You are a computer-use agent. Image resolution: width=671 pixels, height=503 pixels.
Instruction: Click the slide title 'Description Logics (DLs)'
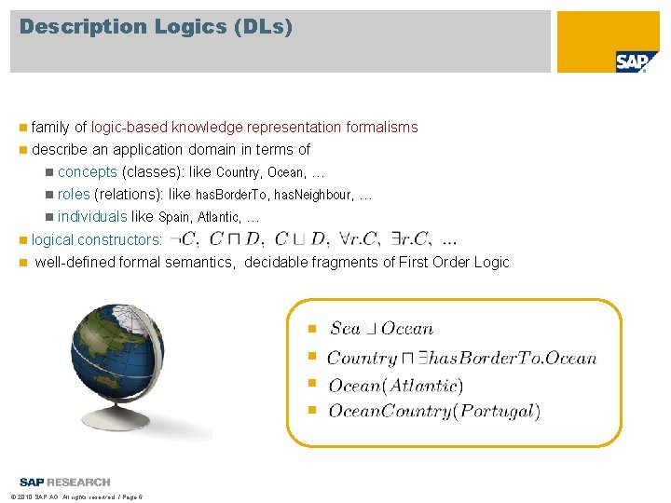point(157,27)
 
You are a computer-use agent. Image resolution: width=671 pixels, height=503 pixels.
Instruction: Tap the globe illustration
point(140,367)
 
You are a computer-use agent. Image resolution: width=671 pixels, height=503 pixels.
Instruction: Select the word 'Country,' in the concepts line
point(240,172)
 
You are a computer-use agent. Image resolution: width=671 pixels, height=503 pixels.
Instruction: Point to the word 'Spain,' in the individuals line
point(176,217)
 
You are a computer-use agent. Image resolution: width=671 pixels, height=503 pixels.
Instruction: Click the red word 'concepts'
point(87,171)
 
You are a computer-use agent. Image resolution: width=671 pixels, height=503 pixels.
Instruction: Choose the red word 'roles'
point(74,194)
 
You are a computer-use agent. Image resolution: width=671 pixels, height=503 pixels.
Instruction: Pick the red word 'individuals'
point(92,216)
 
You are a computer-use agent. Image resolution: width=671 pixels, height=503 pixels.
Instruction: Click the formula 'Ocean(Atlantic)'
point(396,385)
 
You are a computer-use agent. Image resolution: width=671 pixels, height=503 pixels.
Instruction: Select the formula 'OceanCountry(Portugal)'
point(434,411)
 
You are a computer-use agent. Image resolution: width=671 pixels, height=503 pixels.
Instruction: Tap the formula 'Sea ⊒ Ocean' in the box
point(381,328)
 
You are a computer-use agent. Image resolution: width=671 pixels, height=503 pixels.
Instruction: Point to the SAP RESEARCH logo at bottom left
point(64,482)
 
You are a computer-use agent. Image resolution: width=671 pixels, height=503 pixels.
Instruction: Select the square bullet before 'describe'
point(22,150)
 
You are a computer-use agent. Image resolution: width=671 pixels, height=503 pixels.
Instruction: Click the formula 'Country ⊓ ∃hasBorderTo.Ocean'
point(461,358)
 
